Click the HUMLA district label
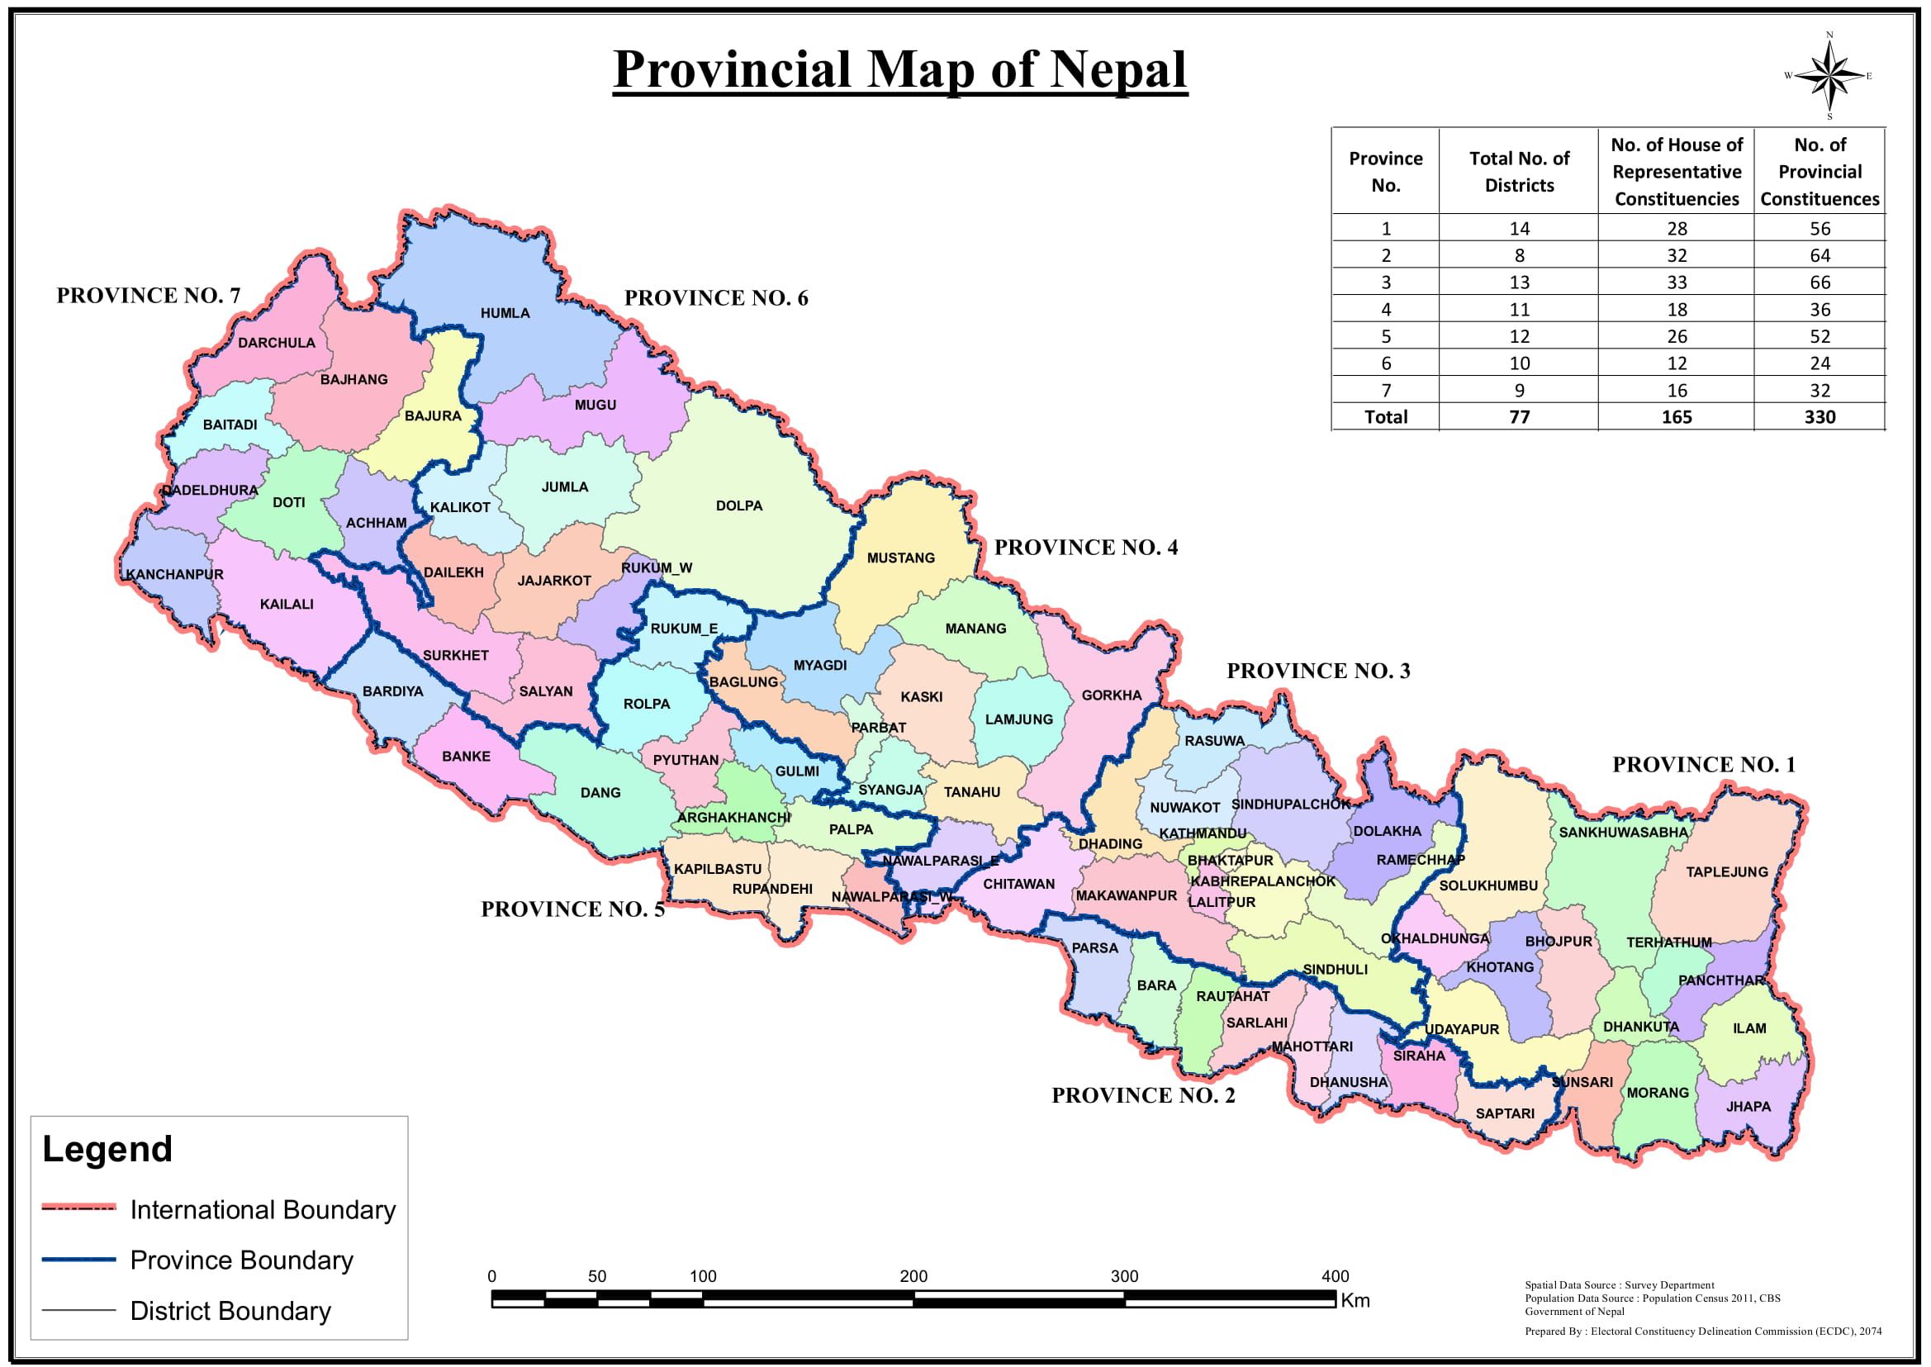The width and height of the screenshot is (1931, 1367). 505,313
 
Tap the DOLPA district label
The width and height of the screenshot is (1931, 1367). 739,506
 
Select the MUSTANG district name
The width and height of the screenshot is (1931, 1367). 901,558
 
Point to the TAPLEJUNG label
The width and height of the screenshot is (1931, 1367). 1726,872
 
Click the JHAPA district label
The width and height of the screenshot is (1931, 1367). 1748,1107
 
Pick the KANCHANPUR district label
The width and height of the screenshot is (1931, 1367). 175,575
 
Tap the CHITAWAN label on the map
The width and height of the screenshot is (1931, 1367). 1018,884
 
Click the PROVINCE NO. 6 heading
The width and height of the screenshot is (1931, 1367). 715,298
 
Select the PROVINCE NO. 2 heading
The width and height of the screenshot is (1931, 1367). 1143,1095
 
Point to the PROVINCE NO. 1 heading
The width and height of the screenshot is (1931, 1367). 1704,764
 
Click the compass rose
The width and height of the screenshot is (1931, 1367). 1829,77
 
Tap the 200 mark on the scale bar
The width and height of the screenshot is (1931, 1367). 913,1276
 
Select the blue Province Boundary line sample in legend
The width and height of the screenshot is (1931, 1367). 78,1260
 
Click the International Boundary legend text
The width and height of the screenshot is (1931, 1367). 263,1209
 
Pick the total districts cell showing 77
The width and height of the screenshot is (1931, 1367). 1519,416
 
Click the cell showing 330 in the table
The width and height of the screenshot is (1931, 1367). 1819,416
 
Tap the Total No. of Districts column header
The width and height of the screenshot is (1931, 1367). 1519,172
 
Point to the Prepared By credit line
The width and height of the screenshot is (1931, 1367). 1703,1331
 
